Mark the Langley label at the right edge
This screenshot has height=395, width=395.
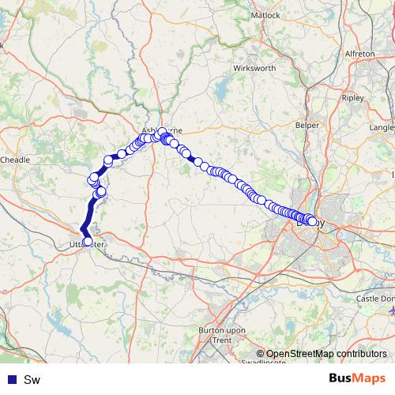coord(382,126)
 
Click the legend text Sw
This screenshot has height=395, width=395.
coord(32,380)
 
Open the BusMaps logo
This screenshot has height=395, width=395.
coord(357,378)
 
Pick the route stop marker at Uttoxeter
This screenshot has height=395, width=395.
coord(87,241)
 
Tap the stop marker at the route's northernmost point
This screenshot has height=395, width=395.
coord(162,132)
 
